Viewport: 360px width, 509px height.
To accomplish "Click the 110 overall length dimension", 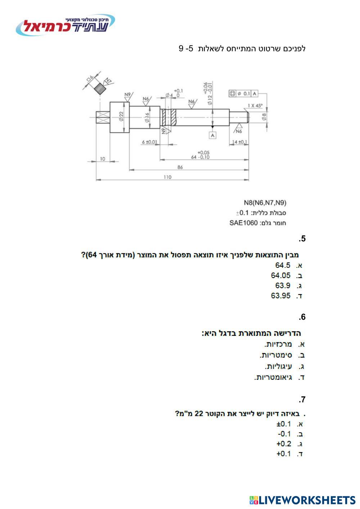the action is coord(167,177).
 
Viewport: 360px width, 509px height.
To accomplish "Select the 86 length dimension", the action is coord(180,167).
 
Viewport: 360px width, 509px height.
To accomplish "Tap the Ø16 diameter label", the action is coord(147,117).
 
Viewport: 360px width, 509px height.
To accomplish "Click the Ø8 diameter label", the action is coord(264,117).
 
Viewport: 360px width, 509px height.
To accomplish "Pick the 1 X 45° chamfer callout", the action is coord(255,105).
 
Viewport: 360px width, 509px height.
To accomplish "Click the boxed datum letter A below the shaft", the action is coord(213,135).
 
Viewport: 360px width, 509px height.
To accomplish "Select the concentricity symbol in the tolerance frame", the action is coord(233,94).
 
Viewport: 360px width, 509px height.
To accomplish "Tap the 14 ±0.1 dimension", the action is coord(240,142).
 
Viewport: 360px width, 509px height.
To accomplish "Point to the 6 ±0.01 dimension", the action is coord(149,142).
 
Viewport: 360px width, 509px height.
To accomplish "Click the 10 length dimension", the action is coord(103,159).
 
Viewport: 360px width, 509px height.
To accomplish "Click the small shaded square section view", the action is coord(100,88).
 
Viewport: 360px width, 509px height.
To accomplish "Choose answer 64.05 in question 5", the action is coord(281,276).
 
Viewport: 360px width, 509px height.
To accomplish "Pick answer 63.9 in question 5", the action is coord(283,286).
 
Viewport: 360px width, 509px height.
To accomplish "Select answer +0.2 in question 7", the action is coord(284,444).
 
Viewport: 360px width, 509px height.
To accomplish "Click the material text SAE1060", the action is coord(243,223).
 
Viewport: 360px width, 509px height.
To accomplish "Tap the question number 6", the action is coord(302,317).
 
